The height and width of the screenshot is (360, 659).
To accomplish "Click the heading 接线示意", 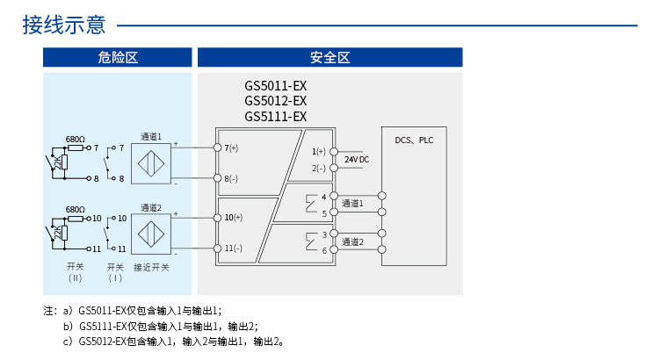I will tap(65, 25).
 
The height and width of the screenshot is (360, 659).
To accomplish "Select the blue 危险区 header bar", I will tap(118, 58).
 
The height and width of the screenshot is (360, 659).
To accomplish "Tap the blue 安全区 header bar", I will tap(329, 58).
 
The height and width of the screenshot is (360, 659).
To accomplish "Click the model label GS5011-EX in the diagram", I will tap(275, 87).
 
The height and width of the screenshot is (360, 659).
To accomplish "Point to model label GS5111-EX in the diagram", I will tap(275, 117).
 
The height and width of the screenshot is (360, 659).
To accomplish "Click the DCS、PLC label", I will tap(414, 140).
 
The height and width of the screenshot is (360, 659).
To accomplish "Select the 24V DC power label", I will tap(357, 159).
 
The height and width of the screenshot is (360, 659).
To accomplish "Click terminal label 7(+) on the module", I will tap(232, 148).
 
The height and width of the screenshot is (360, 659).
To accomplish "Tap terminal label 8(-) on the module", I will tap(232, 178).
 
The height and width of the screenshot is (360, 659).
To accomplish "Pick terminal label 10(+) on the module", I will tap(234, 217).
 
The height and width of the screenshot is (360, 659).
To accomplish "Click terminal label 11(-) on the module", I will tap(234, 248).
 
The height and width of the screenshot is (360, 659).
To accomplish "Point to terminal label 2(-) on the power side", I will tap(318, 168).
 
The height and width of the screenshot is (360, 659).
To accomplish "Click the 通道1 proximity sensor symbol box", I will tap(150, 163).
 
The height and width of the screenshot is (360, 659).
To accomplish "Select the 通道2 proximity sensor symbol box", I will tap(150, 234).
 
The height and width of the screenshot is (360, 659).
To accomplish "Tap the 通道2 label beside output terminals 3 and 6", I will tap(352, 242).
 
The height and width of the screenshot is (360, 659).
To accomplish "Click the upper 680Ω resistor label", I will tap(76, 140).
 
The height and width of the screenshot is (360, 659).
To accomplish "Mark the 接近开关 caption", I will tap(150, 267).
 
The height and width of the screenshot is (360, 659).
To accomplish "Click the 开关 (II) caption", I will tap(75, 271).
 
